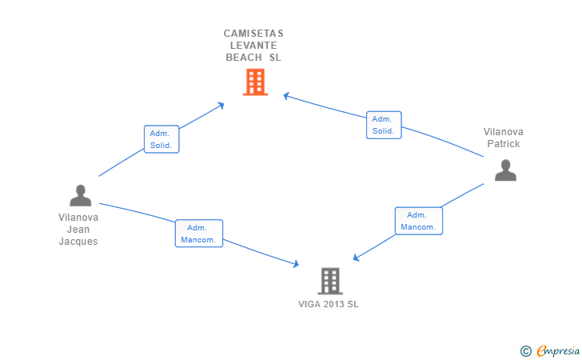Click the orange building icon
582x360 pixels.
pyautogui.click(x=255, y=82)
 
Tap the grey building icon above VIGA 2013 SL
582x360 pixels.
pyautogui.click(x=330, y=281)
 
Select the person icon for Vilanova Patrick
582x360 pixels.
pyautogui.click(x=505, y=170)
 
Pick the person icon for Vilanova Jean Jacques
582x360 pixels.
pyautogui.click(x=81, y=195)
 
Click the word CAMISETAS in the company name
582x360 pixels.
pyautogui.click(x=253, y=34)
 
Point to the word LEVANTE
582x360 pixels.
pyautogui.click(x=253, y=46)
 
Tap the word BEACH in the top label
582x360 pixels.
pyautogui.click(x=244, y=58)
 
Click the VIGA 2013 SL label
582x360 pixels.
pyautogui.click(x=329, y=304)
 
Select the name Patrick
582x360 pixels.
pyautogui.click(x=504, y=144)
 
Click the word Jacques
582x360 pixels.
pyautogui.click(x=78, y=242)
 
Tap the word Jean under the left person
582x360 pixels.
pyautogui.click(x=78, y=230)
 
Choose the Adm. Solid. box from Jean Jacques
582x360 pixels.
pyautogui.click(x=161, y=139)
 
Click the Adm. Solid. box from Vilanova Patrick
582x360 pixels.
pyautogui.click(x=384, y=125)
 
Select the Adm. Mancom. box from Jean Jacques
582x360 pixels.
pyautogui.click(x=199, y=234)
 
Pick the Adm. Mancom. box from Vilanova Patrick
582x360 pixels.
pyautogui.click(x=419, y=221)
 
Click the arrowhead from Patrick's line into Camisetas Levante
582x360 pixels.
pyautogui.click(x=286, y=96)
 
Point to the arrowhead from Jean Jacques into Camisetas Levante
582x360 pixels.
pyautogui.click(x=221, y=105)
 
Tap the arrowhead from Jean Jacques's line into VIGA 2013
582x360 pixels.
pyautogui.click(x=296, y=264)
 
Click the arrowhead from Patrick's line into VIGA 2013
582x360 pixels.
pyautogui.click(x=356, y=258)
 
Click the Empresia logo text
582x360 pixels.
pyautogui.click(x=558, y=350)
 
